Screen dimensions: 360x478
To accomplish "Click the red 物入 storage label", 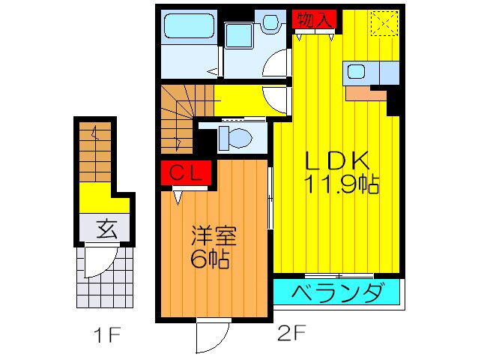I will pos(314,19).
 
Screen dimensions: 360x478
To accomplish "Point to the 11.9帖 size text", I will pos(341,184).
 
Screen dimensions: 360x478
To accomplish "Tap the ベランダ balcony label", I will pos(337,292).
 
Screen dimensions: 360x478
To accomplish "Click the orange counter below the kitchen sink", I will pos(366,93).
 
